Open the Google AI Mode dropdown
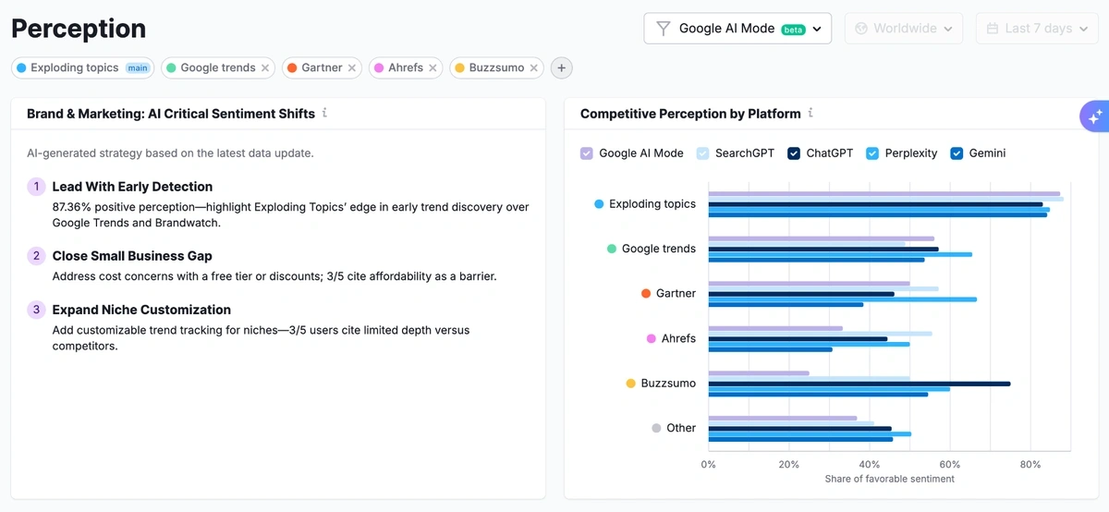point(737,29)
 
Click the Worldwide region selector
point(904,29)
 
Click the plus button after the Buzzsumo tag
point(561,67)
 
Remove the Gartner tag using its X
point(352,67)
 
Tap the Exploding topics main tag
point(82,67)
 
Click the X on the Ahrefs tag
point(433,67)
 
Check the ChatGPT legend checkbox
point(794,153)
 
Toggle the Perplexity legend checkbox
point(872,153)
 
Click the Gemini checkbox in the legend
point(957,153)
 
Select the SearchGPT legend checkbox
point(703,153)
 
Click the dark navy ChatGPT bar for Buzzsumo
point(859,384)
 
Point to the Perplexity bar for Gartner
point(842,299)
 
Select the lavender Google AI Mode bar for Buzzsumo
point(758,372)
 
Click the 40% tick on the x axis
point(869,465)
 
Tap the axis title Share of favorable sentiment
point(889,479)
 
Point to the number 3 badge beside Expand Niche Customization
point(36,310)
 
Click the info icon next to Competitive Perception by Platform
point(810,114)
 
